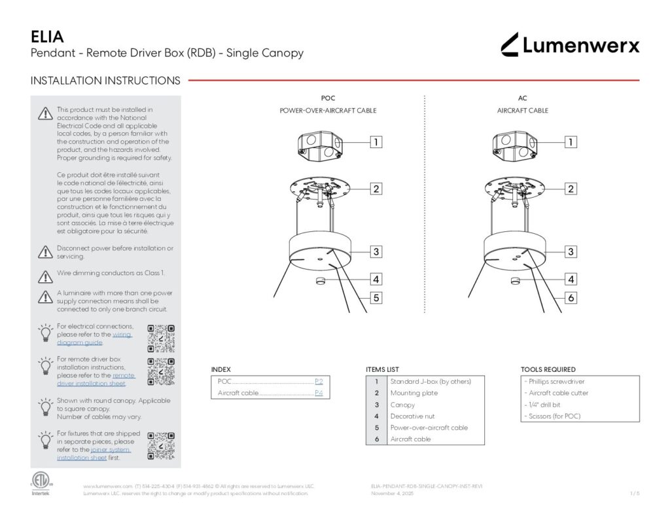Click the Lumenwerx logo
click(570, 45)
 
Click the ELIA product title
click(47, 36)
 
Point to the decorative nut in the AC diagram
click(514, 282)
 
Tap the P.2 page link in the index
click(319, 381)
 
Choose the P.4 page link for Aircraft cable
click(319, 394)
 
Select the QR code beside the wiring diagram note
click(161, 338)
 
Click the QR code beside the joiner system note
click(161, 446)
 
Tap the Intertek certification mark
click(40, 484)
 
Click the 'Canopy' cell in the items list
click(402, 405)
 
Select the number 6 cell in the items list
click(376, 439)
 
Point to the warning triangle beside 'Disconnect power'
click(44, 252)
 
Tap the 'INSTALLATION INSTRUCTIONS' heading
click(105, 81)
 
